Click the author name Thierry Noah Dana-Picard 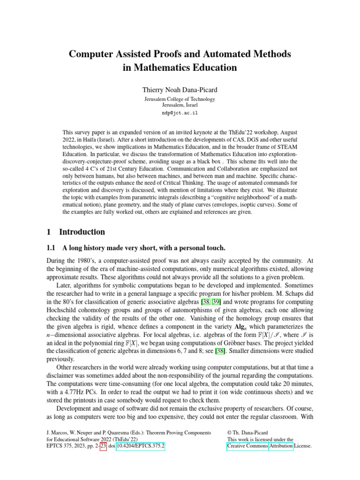point(180,88)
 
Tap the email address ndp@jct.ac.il point(180,113)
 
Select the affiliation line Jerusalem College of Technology point(180,99)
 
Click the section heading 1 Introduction point(77,232)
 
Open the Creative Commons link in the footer point(247,446)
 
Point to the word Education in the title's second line point(213,67)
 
